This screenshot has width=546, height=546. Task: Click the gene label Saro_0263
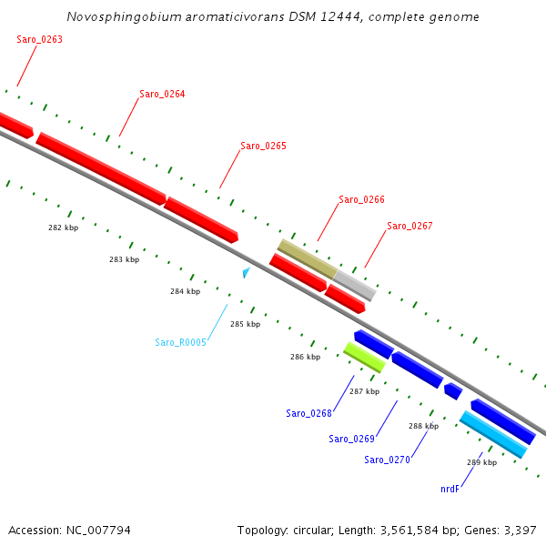click(x=39, y=40)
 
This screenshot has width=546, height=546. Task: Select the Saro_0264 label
click(x=162, y=95)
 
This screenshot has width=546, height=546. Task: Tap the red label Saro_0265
click(x=263, y=146)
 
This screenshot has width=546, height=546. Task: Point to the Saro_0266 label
click(x=361, y=199)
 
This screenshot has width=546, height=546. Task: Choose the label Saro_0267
click(x=409, y=226)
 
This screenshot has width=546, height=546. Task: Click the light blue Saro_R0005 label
click(x=180, y=342)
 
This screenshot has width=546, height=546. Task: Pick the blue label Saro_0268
click(x=308, y=413)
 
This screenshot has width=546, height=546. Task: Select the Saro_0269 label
click(x=351, y=439)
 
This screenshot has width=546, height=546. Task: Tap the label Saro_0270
click(x=387, y=460)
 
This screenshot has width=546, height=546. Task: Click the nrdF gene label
click(x=450, y=489)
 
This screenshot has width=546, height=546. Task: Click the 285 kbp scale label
click(x=245, y=324)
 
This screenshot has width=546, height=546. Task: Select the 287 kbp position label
click(x=364, y=391)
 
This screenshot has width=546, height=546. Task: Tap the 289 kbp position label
click(x=481, y=462)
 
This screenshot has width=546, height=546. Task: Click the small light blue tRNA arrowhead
click(x=246, y=271)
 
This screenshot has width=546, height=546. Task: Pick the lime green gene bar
click(x=364, y=357)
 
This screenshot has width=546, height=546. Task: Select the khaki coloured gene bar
click(x=307, y=258)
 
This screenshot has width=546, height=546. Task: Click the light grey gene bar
click(x=355, y=285)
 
